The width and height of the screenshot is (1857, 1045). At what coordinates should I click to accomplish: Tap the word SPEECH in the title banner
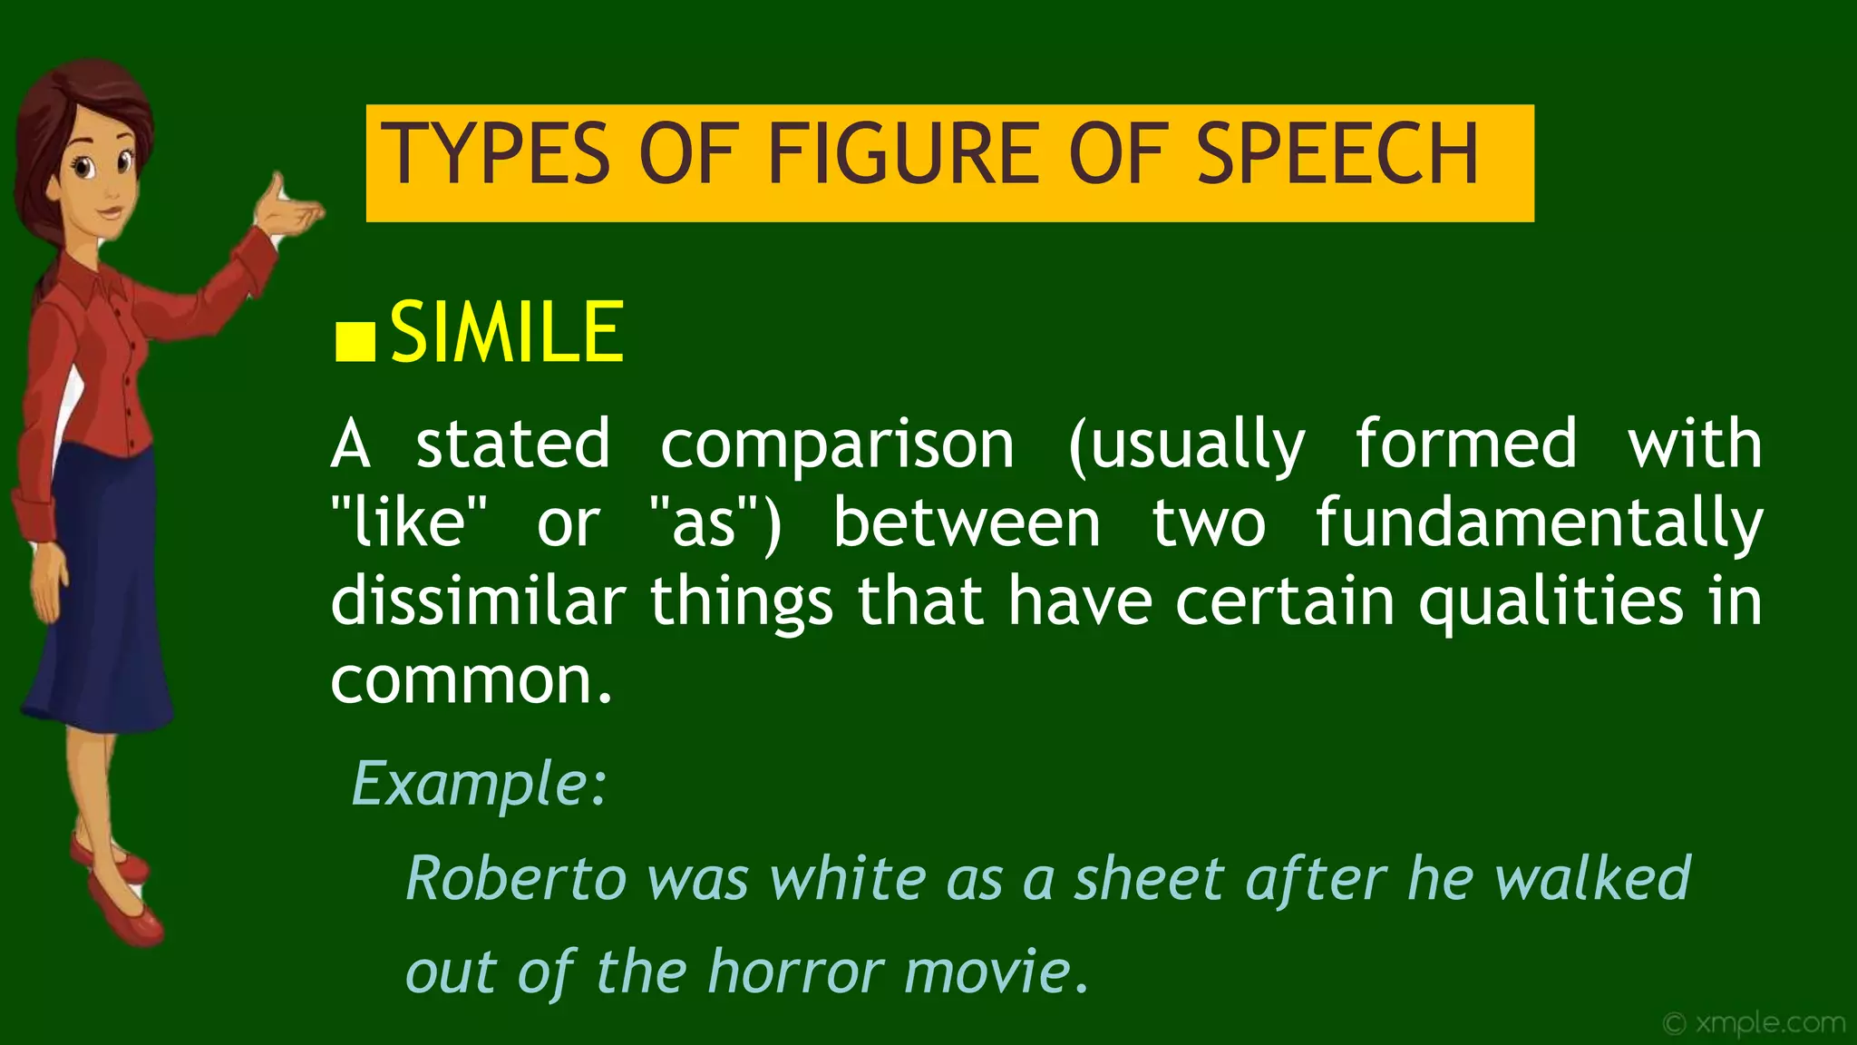click(x=1337, y=155)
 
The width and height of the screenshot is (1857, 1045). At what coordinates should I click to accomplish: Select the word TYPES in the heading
click(x=495, y=155)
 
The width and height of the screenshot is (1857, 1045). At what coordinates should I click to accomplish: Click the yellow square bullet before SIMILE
click(x=355, y=341)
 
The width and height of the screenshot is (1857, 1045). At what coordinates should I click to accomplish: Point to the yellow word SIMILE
click(x=507, y=332)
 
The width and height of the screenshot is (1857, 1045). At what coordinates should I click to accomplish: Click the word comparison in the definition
click(x=836, y=444)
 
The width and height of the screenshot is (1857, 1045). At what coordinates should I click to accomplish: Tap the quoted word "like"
click(x=409, y=523)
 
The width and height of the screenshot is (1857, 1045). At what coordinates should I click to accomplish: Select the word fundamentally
click(x=1539, y=523)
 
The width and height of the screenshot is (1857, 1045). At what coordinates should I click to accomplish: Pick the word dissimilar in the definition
click(x=478, y=601)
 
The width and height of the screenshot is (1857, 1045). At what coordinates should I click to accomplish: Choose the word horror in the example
click(x=794, y=972)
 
